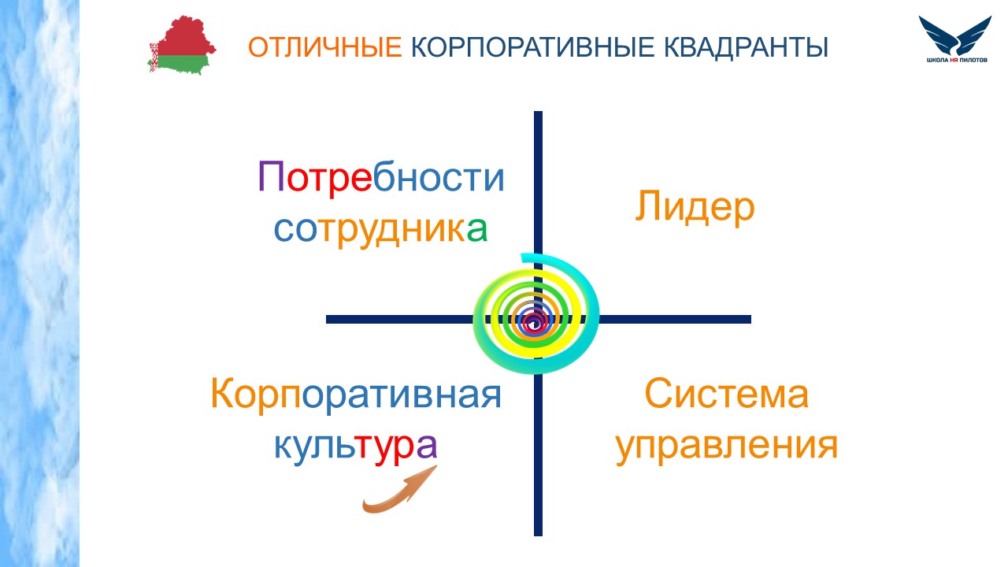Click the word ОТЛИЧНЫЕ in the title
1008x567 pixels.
325,46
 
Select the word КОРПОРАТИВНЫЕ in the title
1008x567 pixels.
533,46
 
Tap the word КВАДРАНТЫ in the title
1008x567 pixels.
746,47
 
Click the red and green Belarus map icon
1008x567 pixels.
182,45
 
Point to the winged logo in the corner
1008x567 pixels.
955,35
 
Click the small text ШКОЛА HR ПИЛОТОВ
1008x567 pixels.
957,60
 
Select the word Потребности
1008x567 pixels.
381,178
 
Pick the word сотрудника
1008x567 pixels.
380,229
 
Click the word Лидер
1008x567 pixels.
695,207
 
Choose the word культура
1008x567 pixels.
355,446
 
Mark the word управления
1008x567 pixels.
727,447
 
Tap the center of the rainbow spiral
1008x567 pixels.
534,321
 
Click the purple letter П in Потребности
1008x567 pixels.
271,176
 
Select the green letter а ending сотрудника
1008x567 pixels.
477,229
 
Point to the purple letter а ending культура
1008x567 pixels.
427,446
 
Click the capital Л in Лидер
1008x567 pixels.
647,206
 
